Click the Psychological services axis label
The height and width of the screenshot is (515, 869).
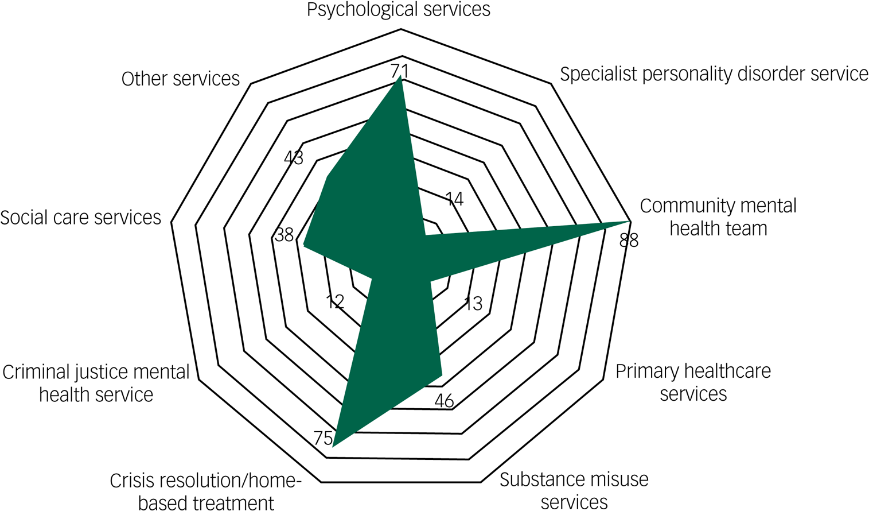click(398, 10)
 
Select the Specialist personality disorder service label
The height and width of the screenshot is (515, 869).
click(714, 74)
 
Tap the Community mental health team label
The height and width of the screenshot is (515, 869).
click(718, 217)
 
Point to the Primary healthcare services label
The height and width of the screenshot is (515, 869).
click(693, 382)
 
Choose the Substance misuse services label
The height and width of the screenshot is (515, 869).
click(574, 490)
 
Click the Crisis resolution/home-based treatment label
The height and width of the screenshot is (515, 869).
click(206, 491)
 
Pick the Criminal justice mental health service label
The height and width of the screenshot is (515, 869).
click(96, 383)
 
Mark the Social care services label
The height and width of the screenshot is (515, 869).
click(80, 218)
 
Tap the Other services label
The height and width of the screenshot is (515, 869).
click(180, 79)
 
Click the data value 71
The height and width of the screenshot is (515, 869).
click(399, 71)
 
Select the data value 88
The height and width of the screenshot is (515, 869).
click(629, 241)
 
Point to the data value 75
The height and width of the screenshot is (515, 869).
click(323, 438)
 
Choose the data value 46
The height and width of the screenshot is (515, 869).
click(444, 401)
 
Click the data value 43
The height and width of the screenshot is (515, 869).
click(294, 157)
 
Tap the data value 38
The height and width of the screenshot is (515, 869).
click(284, 235)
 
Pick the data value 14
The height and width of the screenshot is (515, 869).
click(454, 199)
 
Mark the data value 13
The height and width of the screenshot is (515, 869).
click(473, 304)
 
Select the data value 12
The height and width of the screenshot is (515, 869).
click(335, 301)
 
